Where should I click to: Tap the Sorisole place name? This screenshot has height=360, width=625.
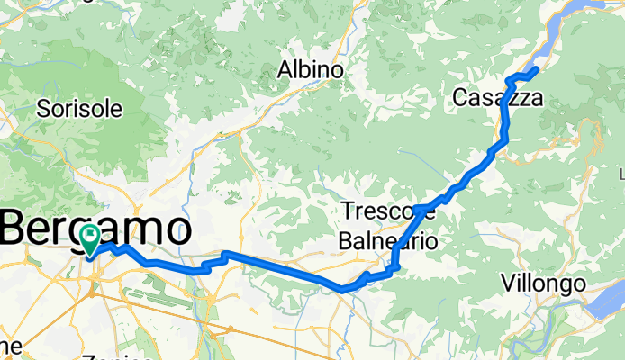coord(79,109)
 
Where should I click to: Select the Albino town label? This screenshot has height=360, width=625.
coord(311,70)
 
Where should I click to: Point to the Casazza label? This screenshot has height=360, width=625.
coord(498,97)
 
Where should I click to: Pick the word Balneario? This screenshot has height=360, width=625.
coord(388,241)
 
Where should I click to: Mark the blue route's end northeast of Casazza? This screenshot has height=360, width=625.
coord(537,68)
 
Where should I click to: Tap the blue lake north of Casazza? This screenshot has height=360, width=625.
coord(576,27)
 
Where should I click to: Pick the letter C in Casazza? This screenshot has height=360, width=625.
coord(461,97)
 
